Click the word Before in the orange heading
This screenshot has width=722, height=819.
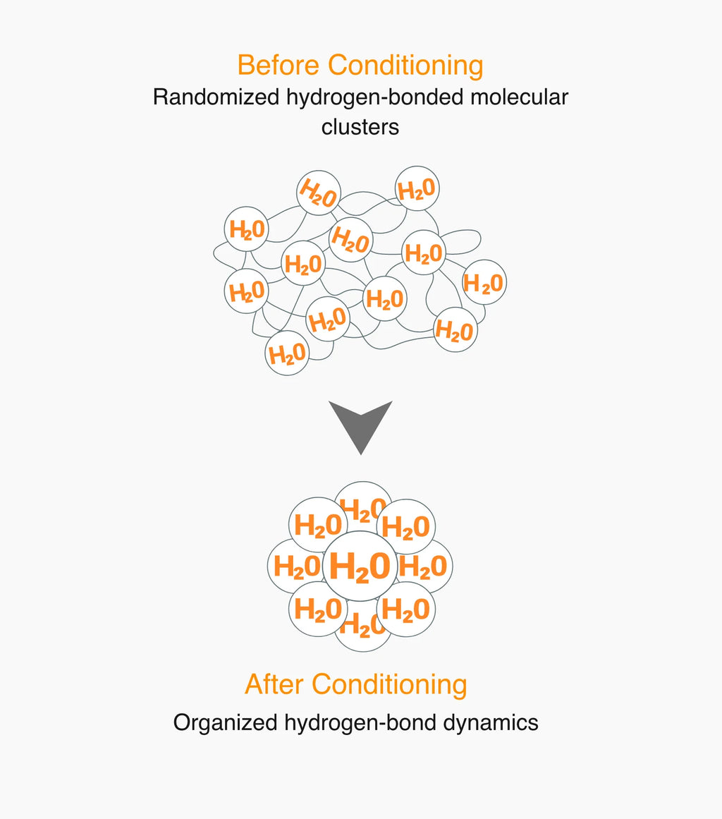pos(278,66)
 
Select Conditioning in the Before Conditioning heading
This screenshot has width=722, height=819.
pos(405,66)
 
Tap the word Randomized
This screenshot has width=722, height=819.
pos(216,97)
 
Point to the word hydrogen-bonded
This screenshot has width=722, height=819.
pos(374,98)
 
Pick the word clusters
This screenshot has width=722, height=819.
pos(360,127)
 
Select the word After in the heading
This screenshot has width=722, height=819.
pos(274,684)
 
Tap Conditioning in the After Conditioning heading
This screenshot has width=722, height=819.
pos(389,685)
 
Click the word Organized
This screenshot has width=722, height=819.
pos(226,723)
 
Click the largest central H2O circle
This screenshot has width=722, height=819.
pos(360,566)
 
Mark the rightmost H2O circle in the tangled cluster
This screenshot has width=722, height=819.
pos(484,283)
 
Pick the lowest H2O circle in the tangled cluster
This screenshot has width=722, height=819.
pos(287,353)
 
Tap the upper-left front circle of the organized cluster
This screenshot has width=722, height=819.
pos(318,525)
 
